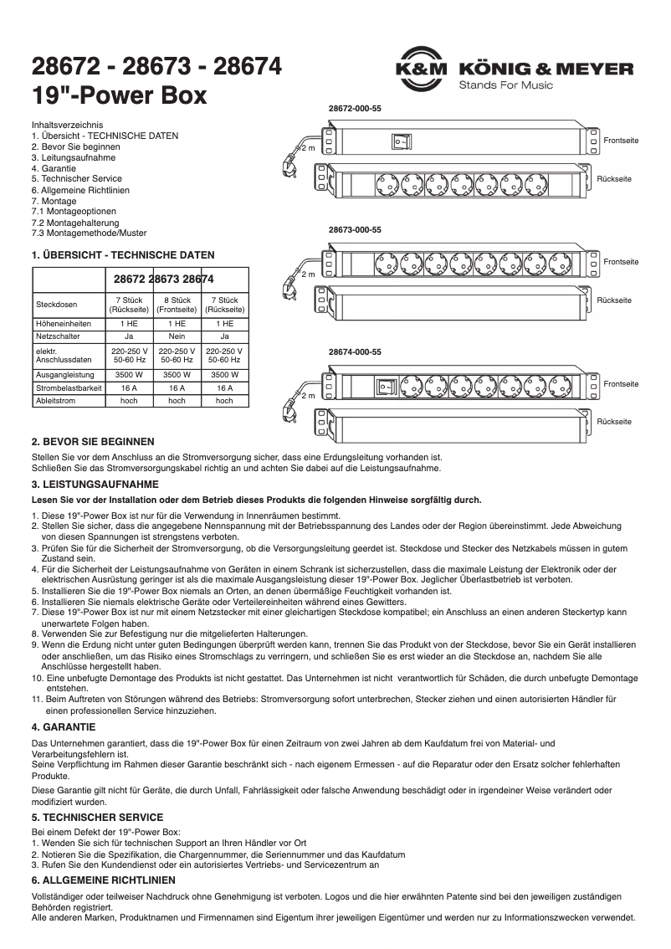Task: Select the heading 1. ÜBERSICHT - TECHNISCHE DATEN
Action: coord(122,254)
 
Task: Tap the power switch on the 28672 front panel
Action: coord(401,142)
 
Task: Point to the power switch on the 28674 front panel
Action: coord(386,387)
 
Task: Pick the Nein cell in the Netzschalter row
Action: coord(177,335)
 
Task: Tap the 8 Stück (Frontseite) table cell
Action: coord(177,304)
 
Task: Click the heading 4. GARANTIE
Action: coord(63,726)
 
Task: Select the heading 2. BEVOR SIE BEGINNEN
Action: coord(93,441)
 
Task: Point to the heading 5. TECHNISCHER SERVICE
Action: coord(97,817)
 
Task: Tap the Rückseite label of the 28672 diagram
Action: coord(614,179)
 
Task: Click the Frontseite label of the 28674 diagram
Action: coord(621,384)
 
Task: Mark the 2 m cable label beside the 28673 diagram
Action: coord(308,274)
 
